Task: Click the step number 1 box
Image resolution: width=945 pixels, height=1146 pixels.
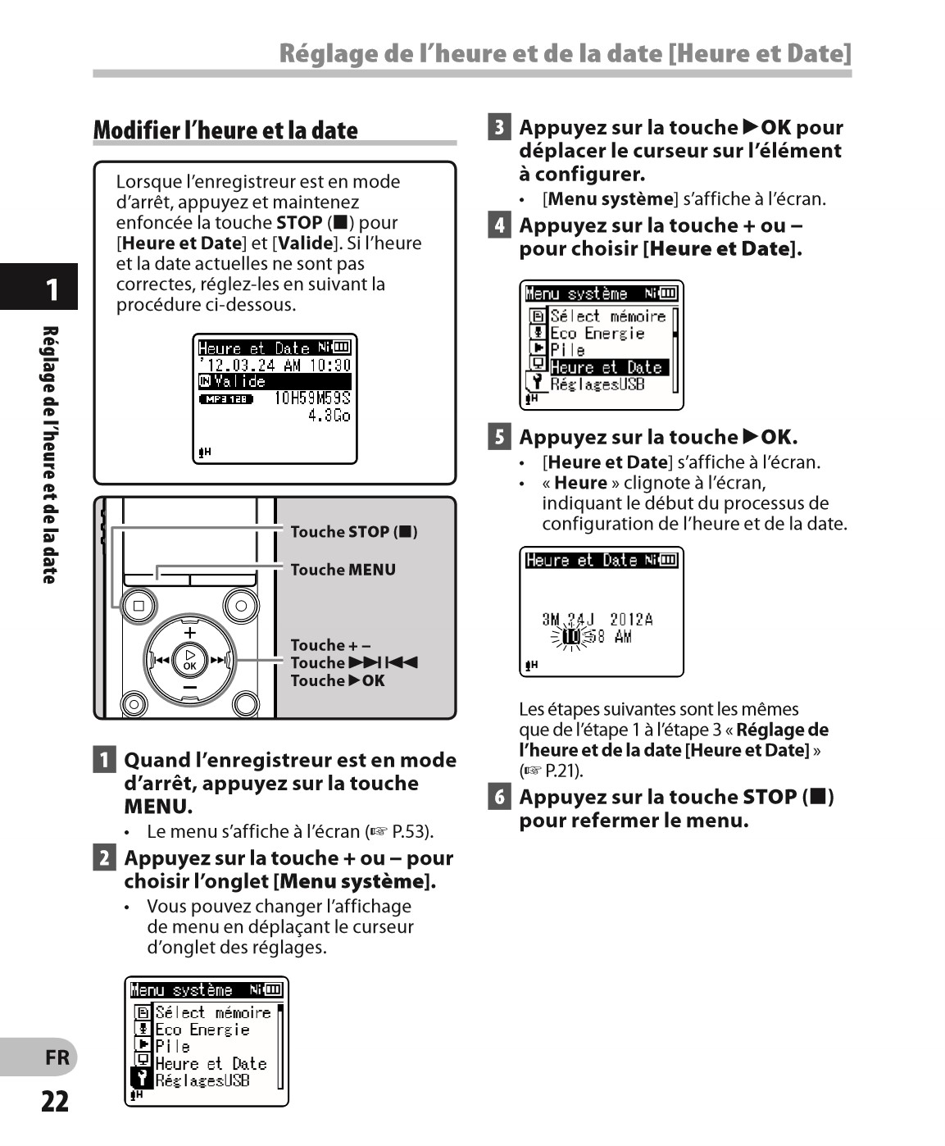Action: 104,760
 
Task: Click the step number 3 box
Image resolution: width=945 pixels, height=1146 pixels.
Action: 499,127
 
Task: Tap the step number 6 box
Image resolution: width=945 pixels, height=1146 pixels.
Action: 499,796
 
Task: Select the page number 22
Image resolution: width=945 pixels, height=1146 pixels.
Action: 55,1101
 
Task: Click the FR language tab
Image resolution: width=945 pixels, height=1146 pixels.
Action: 57,1057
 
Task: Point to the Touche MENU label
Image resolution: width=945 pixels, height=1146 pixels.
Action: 343,570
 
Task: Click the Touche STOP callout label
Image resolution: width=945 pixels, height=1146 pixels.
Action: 353,532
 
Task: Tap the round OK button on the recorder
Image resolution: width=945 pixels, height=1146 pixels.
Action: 190,659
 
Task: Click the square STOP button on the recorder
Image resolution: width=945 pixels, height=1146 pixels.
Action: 139,606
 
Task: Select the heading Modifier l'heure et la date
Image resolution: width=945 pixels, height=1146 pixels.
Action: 225,130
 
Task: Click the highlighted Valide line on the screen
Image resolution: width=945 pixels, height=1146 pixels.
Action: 275,381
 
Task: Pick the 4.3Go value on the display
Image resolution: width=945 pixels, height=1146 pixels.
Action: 329,416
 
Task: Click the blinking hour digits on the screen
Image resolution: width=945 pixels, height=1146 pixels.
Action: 572,636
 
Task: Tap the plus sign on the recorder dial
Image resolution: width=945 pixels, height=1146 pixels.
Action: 190,633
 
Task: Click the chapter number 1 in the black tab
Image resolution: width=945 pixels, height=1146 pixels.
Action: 52,289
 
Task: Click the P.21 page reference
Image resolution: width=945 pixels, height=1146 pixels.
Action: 563,771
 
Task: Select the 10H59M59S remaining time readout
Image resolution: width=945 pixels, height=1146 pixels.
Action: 312,398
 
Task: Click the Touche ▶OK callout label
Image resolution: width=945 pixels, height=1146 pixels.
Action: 337,680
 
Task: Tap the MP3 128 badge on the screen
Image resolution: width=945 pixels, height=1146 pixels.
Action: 226,399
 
